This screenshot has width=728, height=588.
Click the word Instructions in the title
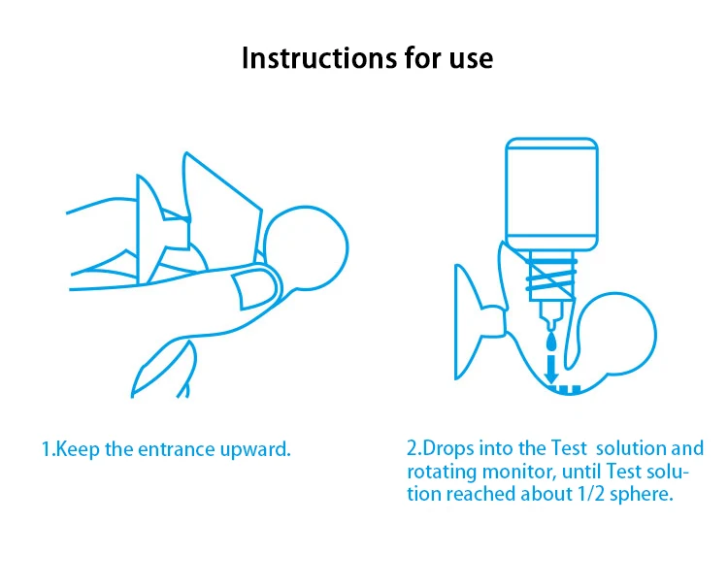(x=319, y=58)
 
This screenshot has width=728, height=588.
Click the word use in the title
(x=471, y=59)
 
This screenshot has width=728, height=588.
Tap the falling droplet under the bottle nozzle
(x=551, y=343)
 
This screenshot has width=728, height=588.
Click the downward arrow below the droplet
(x=551, y=370)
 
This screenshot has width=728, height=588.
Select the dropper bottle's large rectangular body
(x=551, y=194)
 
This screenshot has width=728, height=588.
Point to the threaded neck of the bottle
(x=551, y=276)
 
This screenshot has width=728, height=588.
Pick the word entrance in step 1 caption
(x=177, y=449)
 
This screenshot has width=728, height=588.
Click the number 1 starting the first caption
(x=46, y=449)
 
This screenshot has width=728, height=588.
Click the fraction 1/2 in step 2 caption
(x=591, y=494)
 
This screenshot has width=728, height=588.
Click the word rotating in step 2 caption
(x=442, y=473)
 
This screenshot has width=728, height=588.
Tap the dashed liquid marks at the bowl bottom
(x=564, y=390)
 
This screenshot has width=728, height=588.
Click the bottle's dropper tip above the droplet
(x=551, y=321)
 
